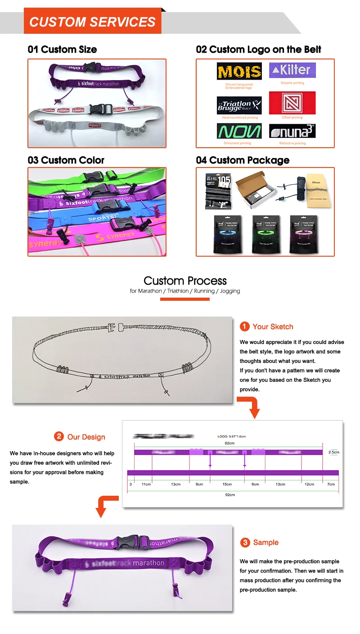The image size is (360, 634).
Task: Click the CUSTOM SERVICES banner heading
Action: click(92, 22)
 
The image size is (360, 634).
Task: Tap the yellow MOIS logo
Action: click(239, 72)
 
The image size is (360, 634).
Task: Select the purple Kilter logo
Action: click(292, 70)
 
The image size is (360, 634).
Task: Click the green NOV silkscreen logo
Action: click(239, 131)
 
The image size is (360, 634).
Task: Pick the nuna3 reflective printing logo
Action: click(292, 131)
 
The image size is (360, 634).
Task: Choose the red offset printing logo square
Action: click(292, 103)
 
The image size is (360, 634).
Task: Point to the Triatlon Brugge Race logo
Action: click(239, 105)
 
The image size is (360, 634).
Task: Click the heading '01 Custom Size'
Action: click(62, 50)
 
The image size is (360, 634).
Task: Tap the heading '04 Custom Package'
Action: click(243, 160)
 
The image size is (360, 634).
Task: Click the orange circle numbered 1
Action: click(244, 326)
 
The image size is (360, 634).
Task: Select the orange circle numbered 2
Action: click(59, 436)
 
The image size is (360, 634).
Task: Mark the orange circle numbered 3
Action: click(245, 543)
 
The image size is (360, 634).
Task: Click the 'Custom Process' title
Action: click(185, 281)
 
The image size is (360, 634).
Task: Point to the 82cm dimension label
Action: click(229, 443)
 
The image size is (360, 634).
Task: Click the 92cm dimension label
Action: click(229, 494)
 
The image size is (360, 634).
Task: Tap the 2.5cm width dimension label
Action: click(333, 452)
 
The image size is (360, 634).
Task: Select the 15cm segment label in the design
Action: click(227, 484)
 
